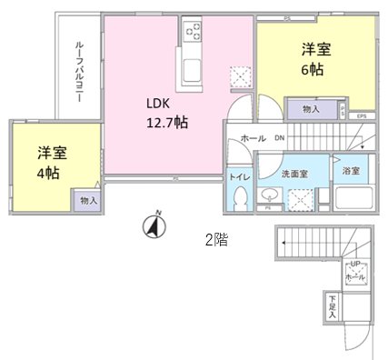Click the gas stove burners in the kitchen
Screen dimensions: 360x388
coord(194,33)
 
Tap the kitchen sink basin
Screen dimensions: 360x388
coord(194,69)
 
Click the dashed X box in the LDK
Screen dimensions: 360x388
coord(240,77)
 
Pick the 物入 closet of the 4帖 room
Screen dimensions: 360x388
coord(88,199)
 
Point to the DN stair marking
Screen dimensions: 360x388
coord(280,138)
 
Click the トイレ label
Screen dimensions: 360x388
coord(239,177)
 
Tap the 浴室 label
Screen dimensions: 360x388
coord(350,170)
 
